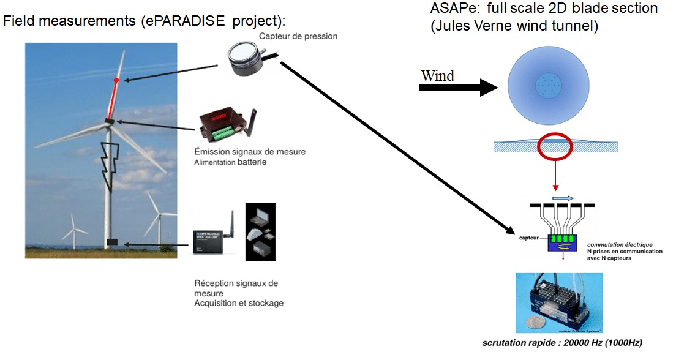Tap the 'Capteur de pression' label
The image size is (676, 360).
[x=298, y=36]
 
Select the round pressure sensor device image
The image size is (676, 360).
[x=250, y=59]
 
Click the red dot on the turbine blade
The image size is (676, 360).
[x=116, y=80]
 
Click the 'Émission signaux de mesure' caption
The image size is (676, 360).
[x=249, y=152]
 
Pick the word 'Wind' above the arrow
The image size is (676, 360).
[x=437, y=76]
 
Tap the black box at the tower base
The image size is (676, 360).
[x=111, y=242]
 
